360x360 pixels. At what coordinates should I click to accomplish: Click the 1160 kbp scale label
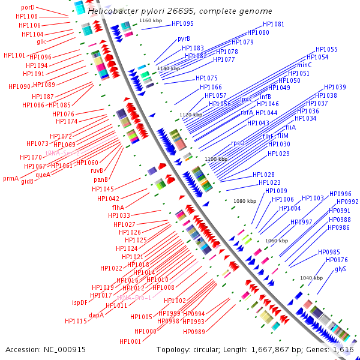coord(150,21)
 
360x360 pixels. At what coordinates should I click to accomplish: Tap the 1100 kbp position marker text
coord(216,159)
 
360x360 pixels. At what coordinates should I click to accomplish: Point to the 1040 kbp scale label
coord(311,278)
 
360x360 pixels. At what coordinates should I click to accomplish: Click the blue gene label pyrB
coord(184,38)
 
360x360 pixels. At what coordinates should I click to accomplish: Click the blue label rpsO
coord(238,143)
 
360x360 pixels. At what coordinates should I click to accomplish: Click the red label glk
coord(41,41)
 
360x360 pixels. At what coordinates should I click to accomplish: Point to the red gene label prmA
coord(11,178)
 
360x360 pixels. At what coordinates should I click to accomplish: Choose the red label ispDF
coord(80,302)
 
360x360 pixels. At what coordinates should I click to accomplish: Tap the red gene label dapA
coord(97,314)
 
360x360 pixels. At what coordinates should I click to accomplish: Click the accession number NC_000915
coord(65,349)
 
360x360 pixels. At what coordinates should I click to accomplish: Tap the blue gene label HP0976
coord(337,260)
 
